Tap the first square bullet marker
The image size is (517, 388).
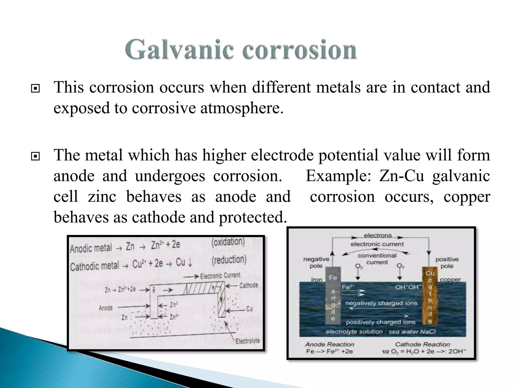(35, 89)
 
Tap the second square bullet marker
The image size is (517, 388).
(35, 157)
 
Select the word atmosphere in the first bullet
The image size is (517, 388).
(242, 108)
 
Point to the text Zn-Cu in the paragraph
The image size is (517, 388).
(401, 176)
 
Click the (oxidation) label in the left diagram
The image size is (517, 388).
(228, 242)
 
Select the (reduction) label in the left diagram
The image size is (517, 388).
(229, 260)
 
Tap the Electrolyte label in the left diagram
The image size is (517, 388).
(247, 341)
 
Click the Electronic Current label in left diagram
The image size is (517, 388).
(220, 276)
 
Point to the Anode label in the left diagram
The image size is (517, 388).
(106, 308)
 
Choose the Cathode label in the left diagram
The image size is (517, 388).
(249, 285)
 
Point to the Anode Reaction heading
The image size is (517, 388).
(330, 344)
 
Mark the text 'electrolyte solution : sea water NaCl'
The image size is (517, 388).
(381, 332)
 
